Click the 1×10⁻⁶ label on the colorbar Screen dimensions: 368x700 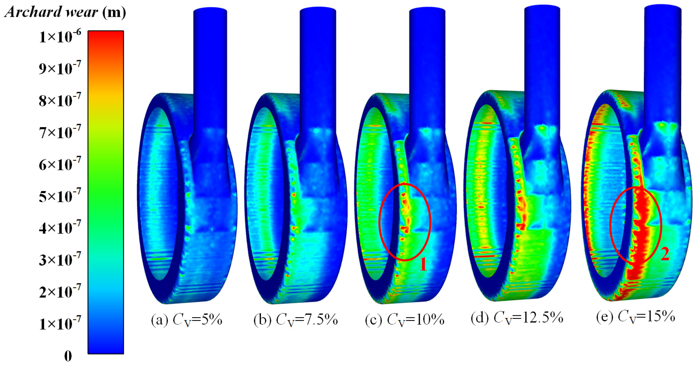coord(60,37)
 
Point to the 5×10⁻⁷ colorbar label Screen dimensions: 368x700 coord(60,196)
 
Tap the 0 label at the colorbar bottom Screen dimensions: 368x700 coord(68,356)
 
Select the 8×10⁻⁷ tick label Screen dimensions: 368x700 coord(60,101)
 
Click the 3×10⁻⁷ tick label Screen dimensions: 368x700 coord(60,260)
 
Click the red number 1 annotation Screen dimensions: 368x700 coord(423,264)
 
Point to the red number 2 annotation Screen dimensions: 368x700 coord(665,254)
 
